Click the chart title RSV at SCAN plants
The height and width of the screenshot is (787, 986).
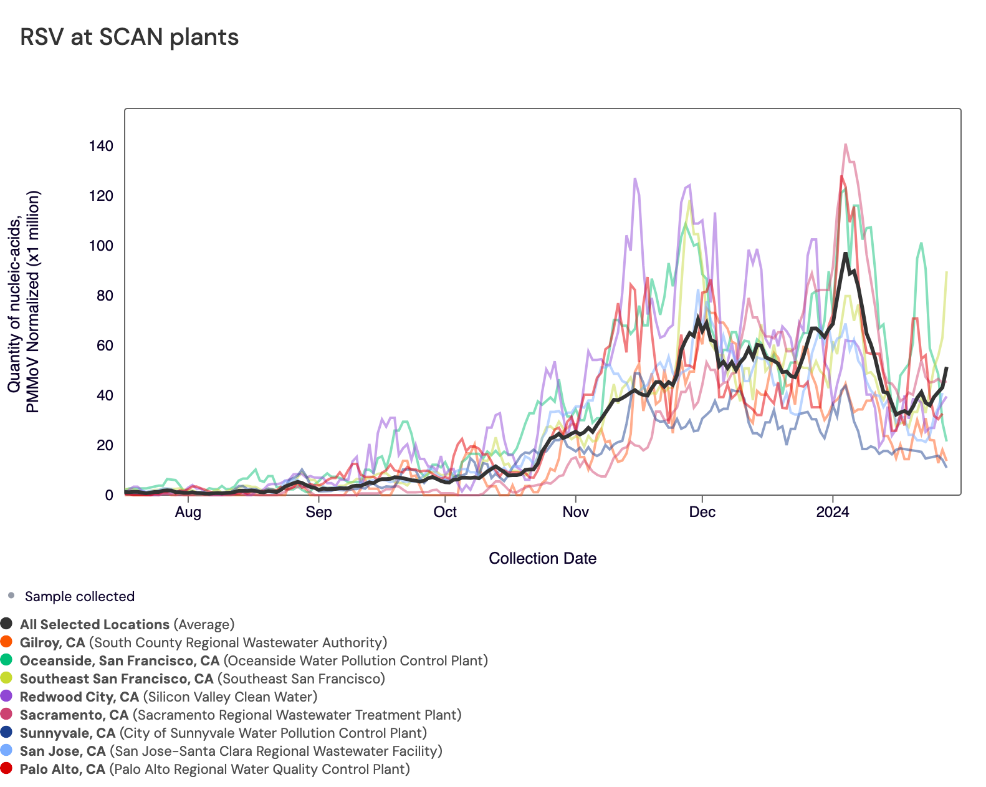pos(130,37)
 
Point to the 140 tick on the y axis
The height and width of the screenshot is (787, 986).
pos(101,146)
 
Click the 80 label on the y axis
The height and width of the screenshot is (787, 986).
pos(105,296)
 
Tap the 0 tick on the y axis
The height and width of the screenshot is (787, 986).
pos(109,495)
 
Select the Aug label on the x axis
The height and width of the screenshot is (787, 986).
pos(188,513)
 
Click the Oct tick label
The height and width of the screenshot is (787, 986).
pos(445,513)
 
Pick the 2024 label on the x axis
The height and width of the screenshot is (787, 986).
pos(833,513)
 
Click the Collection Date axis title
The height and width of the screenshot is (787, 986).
pos(542,558)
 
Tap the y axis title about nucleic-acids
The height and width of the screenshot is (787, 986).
pos(24,302)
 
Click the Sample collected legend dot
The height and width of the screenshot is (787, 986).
pos(11,596)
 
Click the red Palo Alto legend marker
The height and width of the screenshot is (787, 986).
pos(7,769)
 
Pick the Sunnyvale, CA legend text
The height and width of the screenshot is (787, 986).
pos(67,733)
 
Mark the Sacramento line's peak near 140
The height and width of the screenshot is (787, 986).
pos(845,145)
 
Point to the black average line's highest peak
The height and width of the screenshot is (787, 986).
pos(845,253)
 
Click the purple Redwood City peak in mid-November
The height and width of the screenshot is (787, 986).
pos(635,179)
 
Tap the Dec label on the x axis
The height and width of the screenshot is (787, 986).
pos(702,513)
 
